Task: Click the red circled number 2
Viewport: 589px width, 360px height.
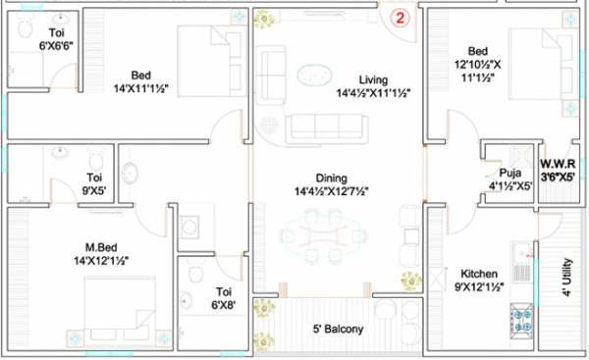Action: pyautogui.click(x=401, y=17)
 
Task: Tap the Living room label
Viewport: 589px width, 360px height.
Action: pyautogui.click(x=373, y=78)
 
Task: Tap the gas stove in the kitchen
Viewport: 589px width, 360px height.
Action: pyautogui.click(x=521, y=319)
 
